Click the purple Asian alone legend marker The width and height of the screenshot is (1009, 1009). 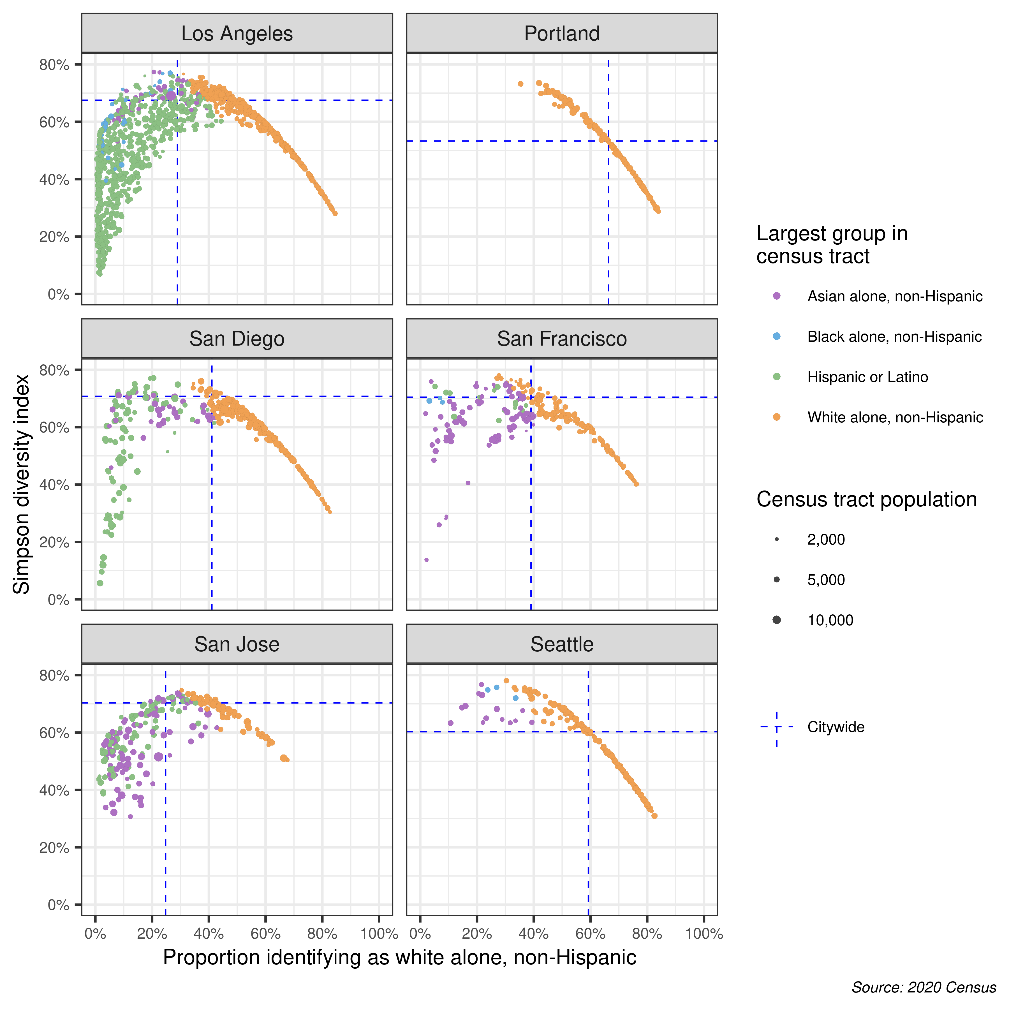pyautogui.click(x=777, y=296)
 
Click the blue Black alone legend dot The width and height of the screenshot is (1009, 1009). pyautogui.click(x=777, y=336)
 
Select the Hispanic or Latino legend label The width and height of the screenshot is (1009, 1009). pyautogui.click(x=867, y=377)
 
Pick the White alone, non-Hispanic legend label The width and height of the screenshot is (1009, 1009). pyautogui.click(x=895, y=417)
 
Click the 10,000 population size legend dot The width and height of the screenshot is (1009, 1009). pyautogui.click(x=777, y=620)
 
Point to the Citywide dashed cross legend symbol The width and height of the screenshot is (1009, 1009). pyautogui.click(x=777, y=727)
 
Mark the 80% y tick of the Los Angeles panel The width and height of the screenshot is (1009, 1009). pyautogui.click(x=54, y=65)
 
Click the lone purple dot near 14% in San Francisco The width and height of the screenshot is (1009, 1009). pyautogui.click(x=426, y=560)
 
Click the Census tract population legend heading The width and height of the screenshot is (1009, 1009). pyautogui.click(x=866, y=499)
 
